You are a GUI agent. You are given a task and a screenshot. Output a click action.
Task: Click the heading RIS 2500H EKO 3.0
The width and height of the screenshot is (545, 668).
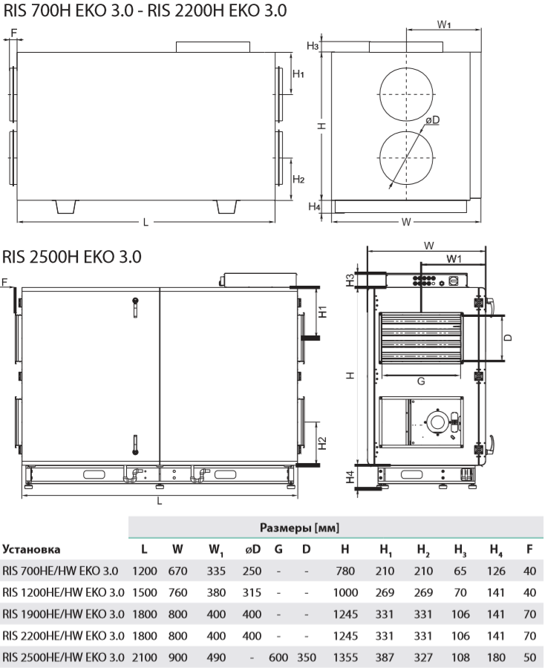[71, 257]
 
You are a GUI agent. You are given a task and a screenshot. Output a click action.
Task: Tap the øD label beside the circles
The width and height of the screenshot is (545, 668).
[433, 120]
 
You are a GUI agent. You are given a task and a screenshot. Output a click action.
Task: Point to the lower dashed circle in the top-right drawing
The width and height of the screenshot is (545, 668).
[407, 159]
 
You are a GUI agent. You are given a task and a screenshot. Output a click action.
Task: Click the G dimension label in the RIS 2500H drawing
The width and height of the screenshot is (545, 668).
[420, 381]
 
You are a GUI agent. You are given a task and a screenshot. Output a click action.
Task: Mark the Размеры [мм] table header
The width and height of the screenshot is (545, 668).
[299, 528]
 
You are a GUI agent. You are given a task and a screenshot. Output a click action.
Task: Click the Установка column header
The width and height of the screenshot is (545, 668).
[31, 549]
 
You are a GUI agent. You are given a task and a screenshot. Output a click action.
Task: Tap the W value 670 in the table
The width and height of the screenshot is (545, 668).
[177, 572]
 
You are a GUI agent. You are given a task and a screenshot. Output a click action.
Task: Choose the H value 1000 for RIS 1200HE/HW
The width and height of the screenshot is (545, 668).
[345, 593]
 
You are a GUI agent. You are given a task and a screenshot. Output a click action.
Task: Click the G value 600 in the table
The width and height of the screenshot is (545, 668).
[278, 658]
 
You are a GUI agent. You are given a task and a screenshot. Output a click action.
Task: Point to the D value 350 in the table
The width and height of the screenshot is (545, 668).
[306, 658]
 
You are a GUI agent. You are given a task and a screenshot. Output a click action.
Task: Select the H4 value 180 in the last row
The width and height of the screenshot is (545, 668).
[495, 658]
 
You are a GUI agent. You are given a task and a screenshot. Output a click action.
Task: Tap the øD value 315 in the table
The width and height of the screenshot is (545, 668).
[252, 593]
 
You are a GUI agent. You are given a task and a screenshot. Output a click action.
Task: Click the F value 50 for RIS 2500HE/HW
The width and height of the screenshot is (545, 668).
[529, 658]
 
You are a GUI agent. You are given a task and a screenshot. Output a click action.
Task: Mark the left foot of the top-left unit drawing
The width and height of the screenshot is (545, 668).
[67, 206]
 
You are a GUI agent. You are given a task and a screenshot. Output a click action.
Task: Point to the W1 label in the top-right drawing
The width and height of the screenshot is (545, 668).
[444, 24]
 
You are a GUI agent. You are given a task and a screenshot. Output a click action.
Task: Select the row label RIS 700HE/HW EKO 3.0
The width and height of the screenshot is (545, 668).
[59, 572]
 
